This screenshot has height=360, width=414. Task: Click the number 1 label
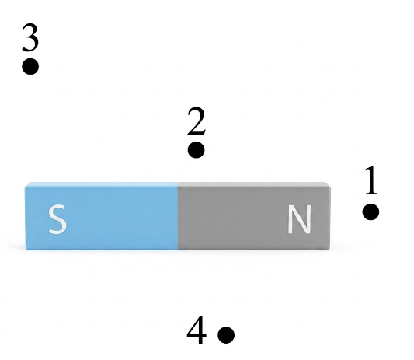pos(371,180)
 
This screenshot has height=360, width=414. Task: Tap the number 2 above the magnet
pos(197,121)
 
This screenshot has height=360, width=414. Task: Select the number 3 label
pos(30,37)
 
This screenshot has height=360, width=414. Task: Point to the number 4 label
pos(197,330)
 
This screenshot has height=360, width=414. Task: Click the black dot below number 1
pos(371,211)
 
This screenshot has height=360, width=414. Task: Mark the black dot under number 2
pos(197,150)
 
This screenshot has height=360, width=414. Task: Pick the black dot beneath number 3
pos(30,66)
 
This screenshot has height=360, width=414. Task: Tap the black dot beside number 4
pos(226,335)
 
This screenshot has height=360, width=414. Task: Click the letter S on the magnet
pos(57,219)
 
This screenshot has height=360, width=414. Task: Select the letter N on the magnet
pos(299,219)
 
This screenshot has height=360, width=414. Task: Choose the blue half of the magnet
pos(102,216)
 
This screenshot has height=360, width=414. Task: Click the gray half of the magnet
pos(254,216)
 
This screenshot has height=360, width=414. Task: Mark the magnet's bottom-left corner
pos(26,250)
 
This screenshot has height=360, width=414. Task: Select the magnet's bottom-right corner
pos(330,249)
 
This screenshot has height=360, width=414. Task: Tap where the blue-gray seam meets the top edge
pos(178,183)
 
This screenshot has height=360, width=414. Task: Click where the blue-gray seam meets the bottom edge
pos(178,250)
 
